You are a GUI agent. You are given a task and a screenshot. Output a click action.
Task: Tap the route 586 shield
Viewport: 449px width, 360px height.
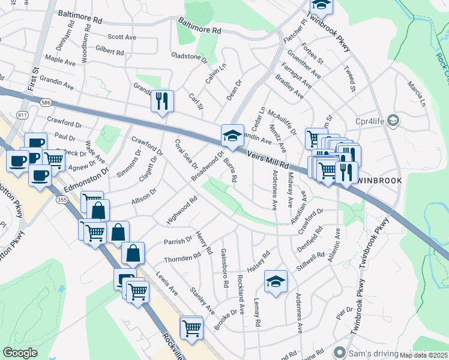click(46, 103)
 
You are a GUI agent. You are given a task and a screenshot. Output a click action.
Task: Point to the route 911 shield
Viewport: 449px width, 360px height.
click(23, 114)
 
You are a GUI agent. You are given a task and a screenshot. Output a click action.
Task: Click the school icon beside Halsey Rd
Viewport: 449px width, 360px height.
click(276, 281)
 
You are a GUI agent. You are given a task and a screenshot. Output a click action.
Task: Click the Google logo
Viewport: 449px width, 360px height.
click(20, 353)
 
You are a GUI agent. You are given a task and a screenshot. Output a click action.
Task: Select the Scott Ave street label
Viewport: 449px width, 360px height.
click(122, 37)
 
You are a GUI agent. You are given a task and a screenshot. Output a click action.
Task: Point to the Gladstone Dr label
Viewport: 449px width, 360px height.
click(188, 58)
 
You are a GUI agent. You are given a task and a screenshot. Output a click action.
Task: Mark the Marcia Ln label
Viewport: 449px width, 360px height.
click(416, 91)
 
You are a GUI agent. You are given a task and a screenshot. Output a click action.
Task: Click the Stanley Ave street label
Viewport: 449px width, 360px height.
click(202, 301)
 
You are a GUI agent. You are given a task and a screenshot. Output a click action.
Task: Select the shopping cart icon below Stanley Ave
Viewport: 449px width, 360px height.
click(191, 328)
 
